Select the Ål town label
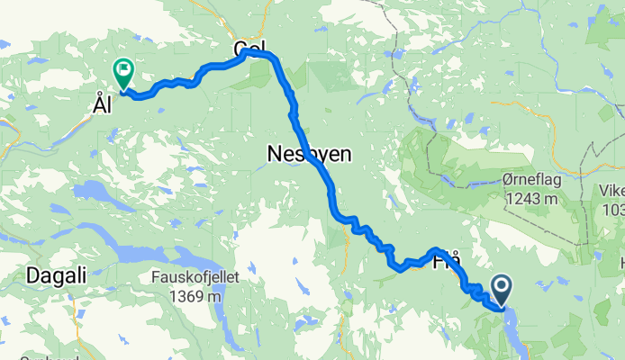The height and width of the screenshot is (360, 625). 102,105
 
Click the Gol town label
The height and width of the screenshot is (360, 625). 249,49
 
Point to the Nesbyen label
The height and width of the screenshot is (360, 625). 309,155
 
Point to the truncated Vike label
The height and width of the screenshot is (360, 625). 612,192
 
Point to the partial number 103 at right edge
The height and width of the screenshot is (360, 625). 614,209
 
